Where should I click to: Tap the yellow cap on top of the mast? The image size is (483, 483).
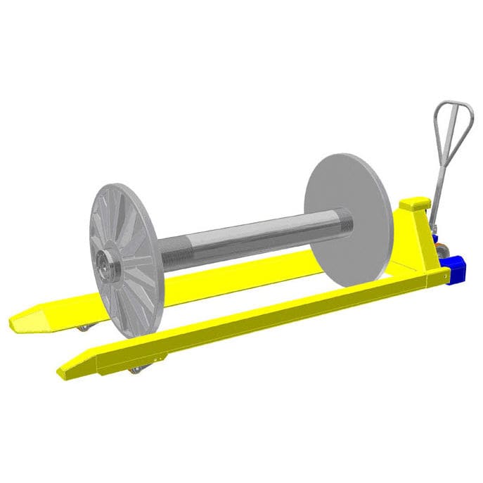click(413, 204)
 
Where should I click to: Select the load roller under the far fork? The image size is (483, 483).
click(84, 328)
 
